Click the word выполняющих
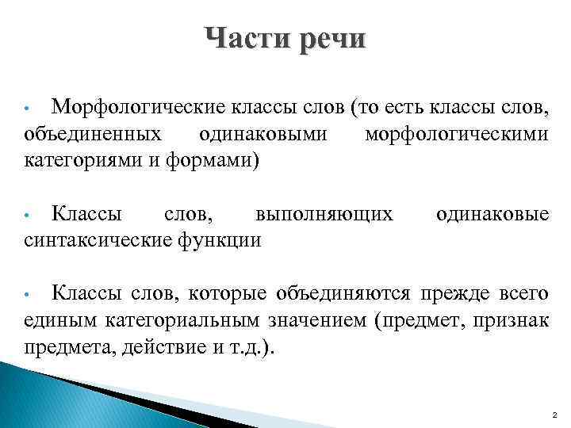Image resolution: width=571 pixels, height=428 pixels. pyautogui.click(x=324, y=214)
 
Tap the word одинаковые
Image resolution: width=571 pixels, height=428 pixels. pyautogui.click(x=492, y=214)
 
